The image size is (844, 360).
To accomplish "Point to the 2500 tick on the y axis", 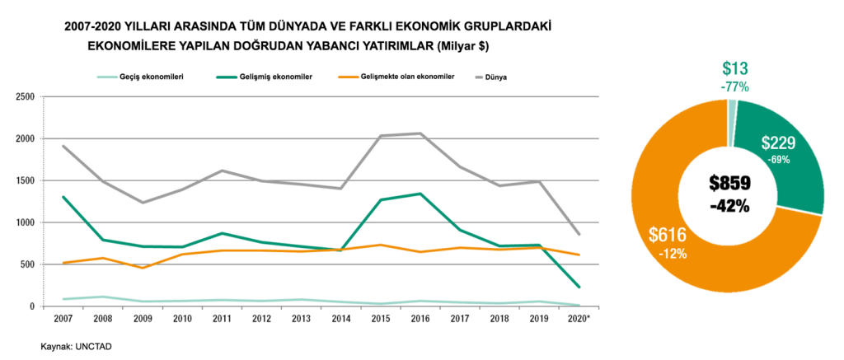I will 24,96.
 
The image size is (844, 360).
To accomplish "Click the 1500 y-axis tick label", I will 24,180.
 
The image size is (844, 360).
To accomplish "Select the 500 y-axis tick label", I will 26,264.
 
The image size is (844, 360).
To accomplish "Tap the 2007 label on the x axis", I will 63,317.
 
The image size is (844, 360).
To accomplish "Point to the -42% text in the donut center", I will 729,206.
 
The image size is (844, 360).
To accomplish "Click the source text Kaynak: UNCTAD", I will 76,347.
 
